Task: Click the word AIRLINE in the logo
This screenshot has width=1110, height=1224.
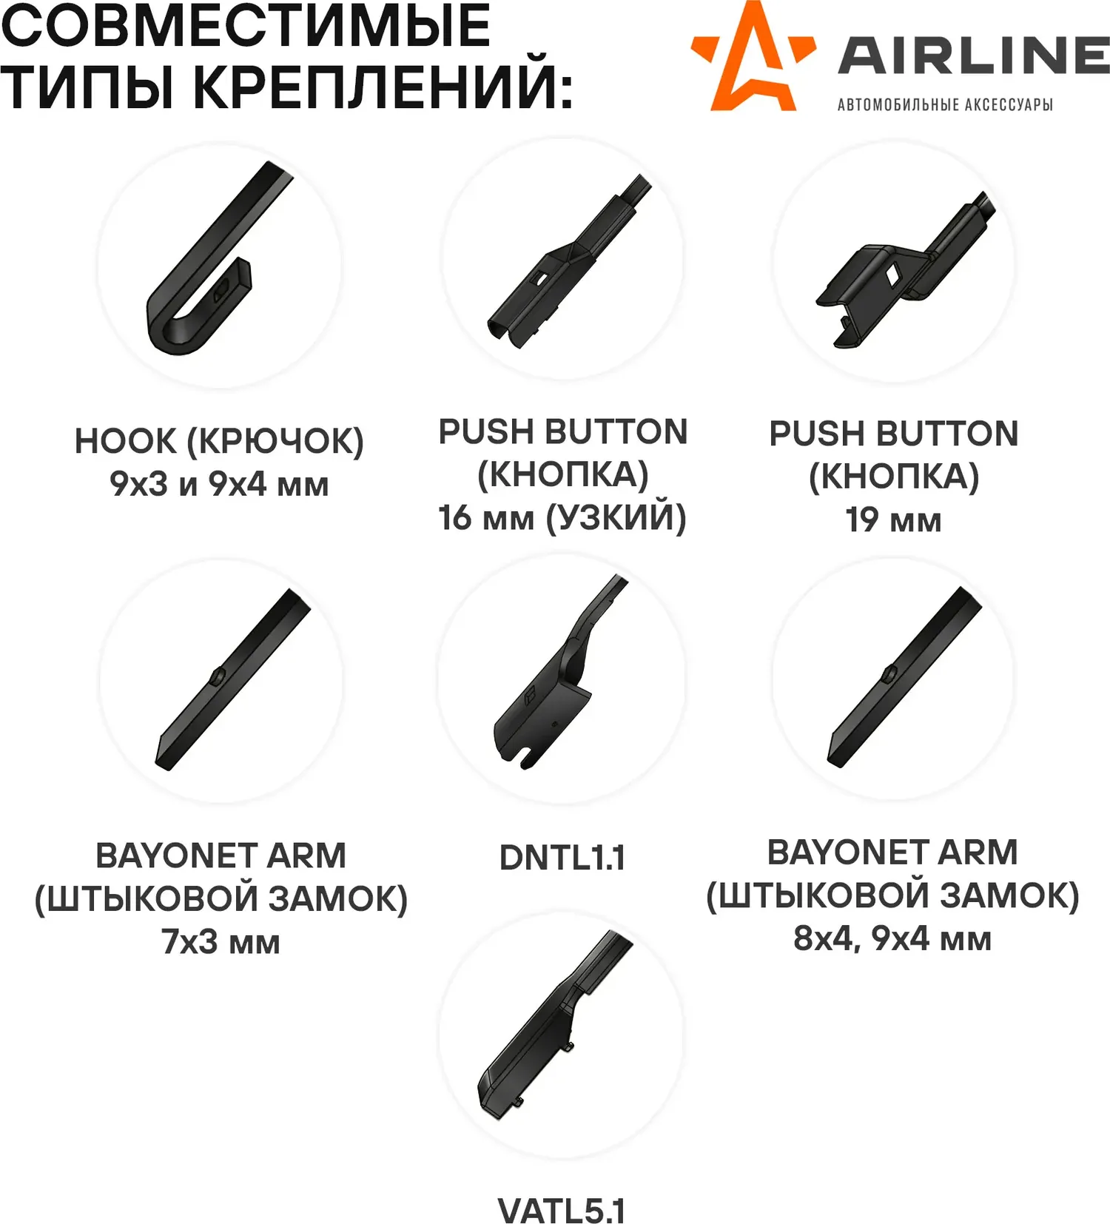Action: pyautogui.click(x=973, y=55)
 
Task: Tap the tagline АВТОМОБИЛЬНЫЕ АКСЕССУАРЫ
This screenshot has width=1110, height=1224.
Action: pyautogui.click(x=945, y=104)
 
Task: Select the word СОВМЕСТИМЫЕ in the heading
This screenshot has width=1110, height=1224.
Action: pyautogui.click(x=246, y=25)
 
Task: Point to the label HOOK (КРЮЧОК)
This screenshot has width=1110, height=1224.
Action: pyautogui.click(x=219, y=441)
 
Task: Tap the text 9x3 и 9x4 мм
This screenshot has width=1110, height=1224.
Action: pyautogui.click(x=219, y=484)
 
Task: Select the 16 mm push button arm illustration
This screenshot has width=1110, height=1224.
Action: pyautogui.click(x=568, y=260)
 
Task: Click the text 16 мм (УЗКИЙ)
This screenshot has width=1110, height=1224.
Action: pyautogui.click(x=562, y=517)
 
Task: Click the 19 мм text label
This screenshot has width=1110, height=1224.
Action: pyautogui.click(x=893, y=520)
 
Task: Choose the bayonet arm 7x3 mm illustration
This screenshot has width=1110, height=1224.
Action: pyautogui.click(x=232, y=679)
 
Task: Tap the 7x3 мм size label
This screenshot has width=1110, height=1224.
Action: pyautogui.click(x=221, y=942)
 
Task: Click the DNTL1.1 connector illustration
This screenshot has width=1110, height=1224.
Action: pyautogui.click(x=559, y=672)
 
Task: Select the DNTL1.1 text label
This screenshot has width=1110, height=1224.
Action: pyautogui.click(x=562, y=858)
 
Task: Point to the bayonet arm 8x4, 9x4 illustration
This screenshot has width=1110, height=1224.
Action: pyautogui.click(x=904, y=676)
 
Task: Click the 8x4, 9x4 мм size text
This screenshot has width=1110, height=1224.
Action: pyautogui.click(x=892, y=939)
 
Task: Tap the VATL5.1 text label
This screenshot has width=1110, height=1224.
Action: pyautogui.click(x=562, y=1211)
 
